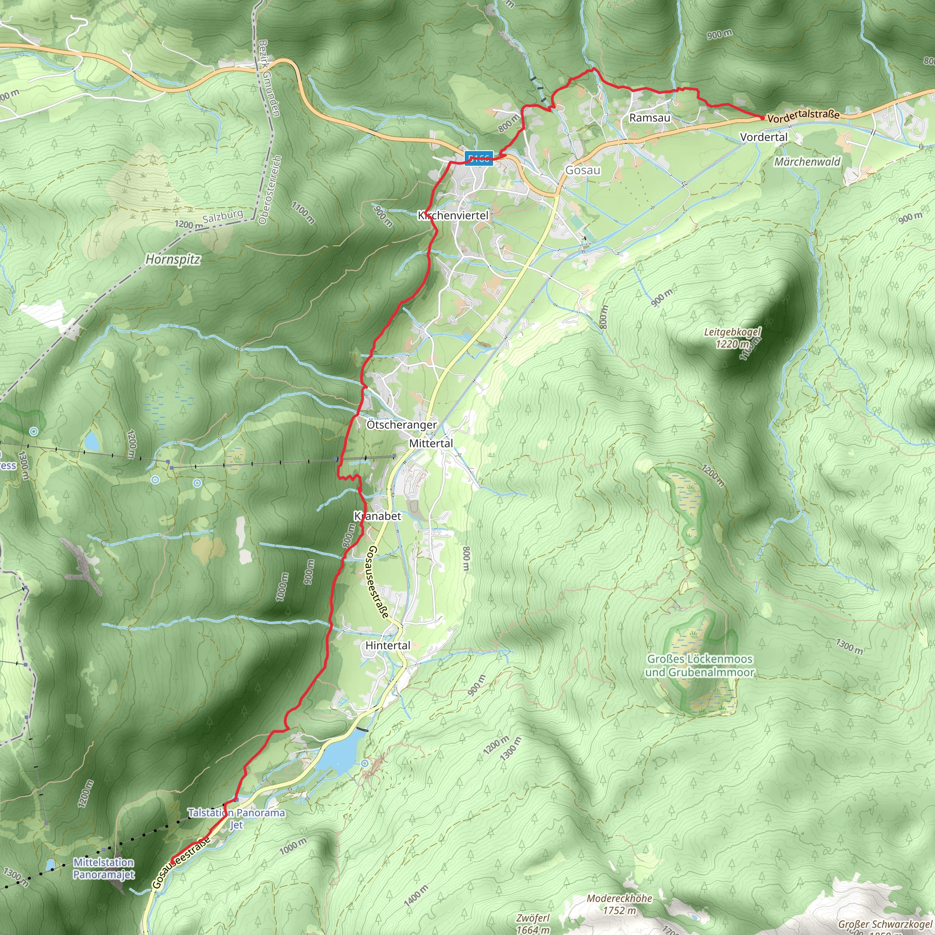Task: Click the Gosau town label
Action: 583,170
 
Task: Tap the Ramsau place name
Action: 650,118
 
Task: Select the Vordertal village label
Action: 764,137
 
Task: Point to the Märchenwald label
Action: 807,162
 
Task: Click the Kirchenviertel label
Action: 453,215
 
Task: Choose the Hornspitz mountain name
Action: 173,259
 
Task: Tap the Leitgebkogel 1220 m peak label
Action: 732,338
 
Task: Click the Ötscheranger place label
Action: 401,425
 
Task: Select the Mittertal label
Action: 431,443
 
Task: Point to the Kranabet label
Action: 378,516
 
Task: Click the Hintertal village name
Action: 388,645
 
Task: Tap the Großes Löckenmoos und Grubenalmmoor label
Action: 700,666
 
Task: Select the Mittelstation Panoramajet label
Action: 104,868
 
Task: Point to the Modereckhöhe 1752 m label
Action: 620,904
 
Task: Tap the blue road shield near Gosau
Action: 478,158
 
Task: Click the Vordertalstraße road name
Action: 804,115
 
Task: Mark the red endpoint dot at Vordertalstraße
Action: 762,118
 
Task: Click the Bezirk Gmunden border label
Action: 269,78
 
